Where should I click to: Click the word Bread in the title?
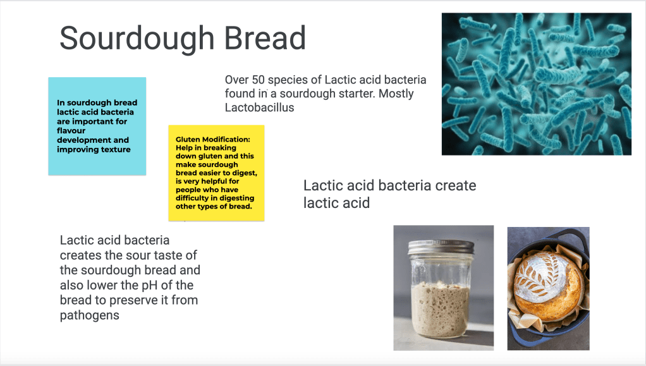click(265, 38)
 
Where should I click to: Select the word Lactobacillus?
click(260, 107)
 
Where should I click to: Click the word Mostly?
click(396, 94)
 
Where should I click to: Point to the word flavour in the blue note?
click(71, 131)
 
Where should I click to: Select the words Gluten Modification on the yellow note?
click(212, 139)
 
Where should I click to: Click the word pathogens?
click(89, 315)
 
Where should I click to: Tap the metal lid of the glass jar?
click(441, 247)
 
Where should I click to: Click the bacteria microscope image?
click(537, 84)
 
